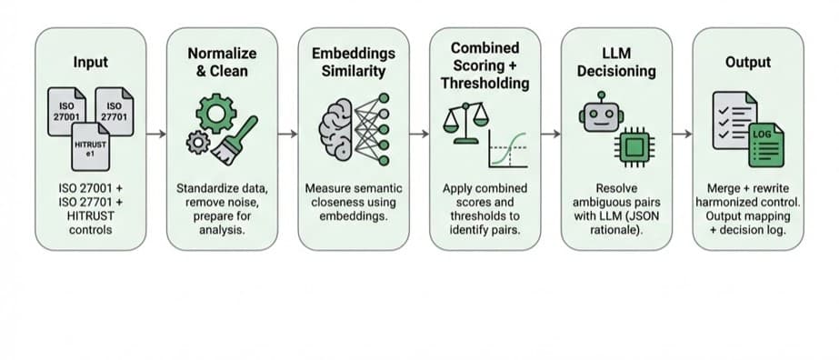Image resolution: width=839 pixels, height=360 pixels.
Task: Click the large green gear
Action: pos(216,114)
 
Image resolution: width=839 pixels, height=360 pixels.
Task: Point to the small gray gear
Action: pos(198,143)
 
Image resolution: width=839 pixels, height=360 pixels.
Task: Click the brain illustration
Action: pos(336,129)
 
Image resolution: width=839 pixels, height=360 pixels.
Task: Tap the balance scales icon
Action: pos(466,123)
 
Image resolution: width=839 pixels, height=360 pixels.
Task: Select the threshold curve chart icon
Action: pos(508,149)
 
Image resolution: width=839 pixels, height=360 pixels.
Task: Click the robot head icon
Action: pos(602,115)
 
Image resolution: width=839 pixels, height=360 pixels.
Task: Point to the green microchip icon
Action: pos(634,146)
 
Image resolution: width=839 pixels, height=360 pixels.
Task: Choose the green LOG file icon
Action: pos(766,145)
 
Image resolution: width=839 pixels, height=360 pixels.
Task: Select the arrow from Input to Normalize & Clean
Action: pos(156,134)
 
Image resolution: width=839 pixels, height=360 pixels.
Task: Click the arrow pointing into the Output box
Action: pos(683,134)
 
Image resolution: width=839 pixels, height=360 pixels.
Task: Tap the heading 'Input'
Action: pos(90,62)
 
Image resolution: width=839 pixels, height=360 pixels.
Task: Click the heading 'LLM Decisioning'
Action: pos(616,62)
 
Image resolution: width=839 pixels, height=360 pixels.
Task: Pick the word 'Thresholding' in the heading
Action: pos(484,84)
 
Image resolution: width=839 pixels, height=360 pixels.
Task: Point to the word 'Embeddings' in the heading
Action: pos(354,54)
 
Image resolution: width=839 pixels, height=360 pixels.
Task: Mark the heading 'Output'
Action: pos(748,62)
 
